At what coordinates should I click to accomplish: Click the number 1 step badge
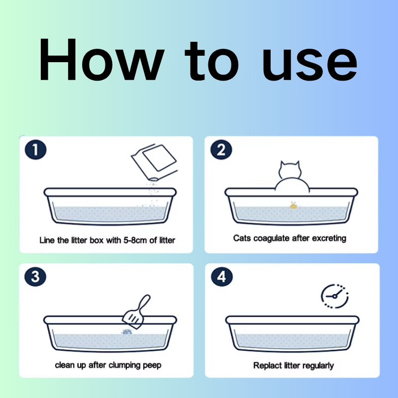(35, 150)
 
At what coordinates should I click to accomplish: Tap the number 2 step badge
(221, 150)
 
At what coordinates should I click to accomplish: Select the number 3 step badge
(35, 277)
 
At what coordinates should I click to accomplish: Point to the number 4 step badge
(222, 277)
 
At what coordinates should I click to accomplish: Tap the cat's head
(290, 170)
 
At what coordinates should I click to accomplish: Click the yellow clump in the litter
(294, 205)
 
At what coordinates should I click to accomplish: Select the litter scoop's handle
(143, 303)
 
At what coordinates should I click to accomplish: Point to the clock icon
(335, 296)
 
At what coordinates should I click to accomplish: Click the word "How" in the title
(101, 60)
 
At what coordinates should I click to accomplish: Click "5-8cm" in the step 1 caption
(135, 240)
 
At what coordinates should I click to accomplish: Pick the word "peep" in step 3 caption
(152, 366)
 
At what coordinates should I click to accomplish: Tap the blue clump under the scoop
(127, 331)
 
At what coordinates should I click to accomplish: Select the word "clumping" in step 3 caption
(124, 366)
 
